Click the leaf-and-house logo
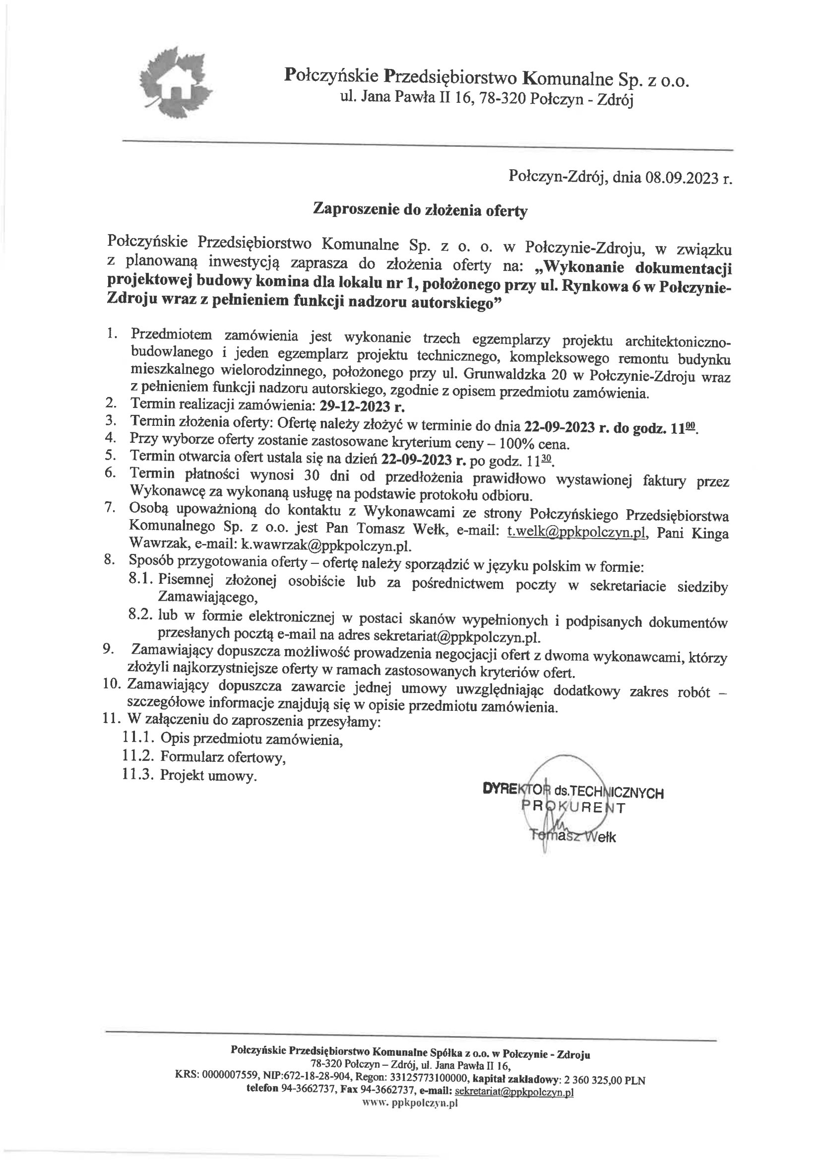tap(174, 81)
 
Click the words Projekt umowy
tap(207, 775)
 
